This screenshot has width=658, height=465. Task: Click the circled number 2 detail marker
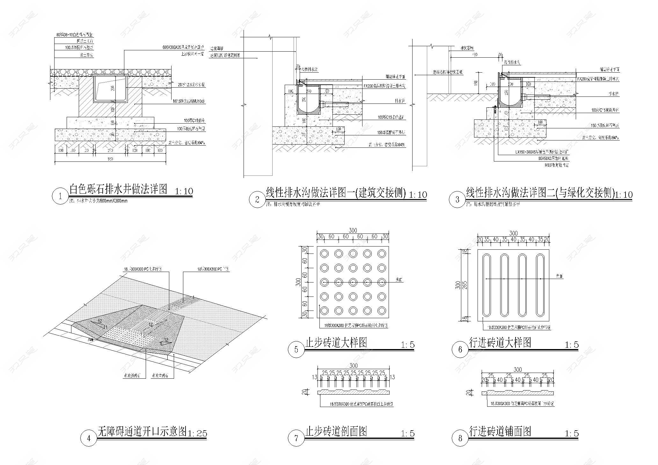[257, 200]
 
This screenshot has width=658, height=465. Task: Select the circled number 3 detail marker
[457, 200]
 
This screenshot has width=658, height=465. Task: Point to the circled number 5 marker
[296, 349]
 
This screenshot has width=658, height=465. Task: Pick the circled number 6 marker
[460, 349]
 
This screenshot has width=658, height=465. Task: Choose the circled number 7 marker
[296, 438]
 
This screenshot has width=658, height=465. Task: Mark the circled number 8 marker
[460, 438]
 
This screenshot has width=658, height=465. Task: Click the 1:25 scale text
[197, 433]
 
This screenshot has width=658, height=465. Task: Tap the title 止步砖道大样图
[336, 342]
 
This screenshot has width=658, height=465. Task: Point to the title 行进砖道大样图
[500, 342]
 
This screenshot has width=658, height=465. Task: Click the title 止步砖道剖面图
[336, 431]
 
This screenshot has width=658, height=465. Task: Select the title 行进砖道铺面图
[500, 431]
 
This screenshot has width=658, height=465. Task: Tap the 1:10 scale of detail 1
[184, 191]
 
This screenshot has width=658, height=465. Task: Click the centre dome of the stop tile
[353, 282]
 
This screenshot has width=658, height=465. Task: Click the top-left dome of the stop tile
[325, 254]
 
